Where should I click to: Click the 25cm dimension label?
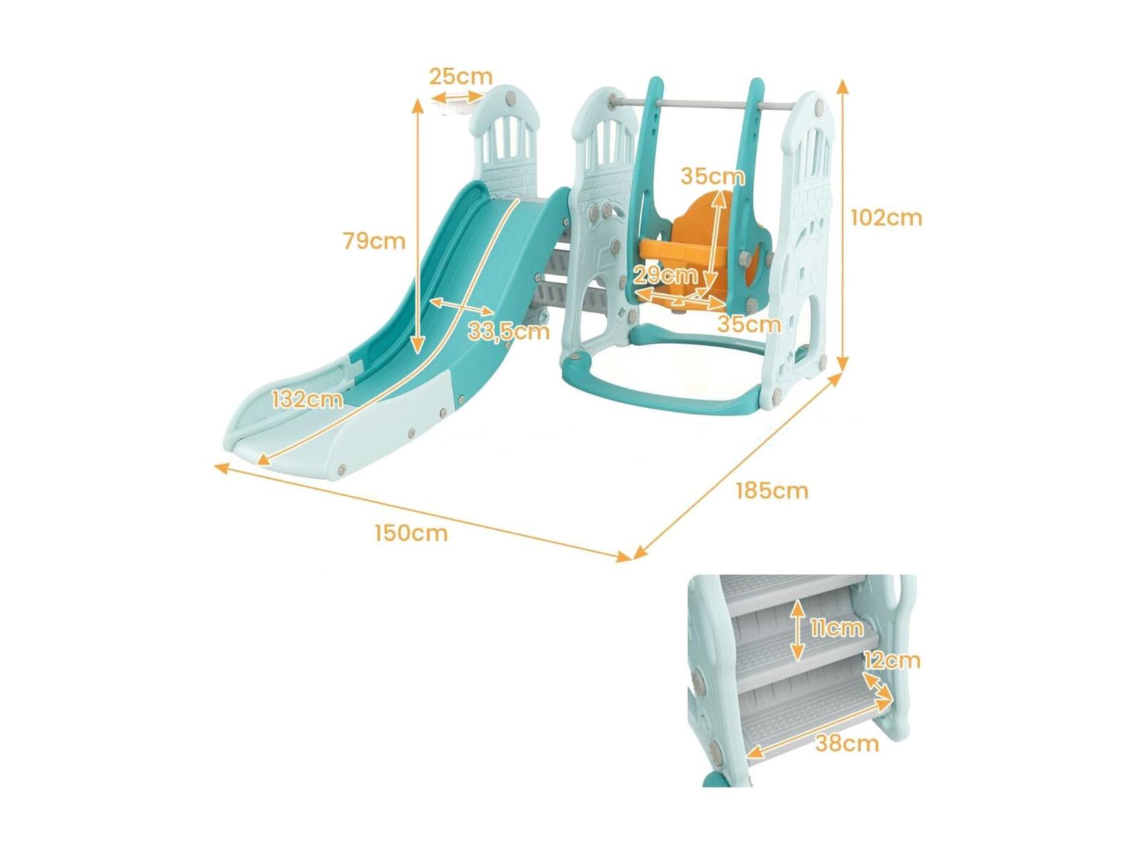(460, 76)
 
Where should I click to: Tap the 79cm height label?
(374, 241)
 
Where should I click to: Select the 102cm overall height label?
(886, 218)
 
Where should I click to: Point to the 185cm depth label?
(772, 490)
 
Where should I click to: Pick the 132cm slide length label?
(307, 400)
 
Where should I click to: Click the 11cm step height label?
(836, 629)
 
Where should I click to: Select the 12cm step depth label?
(891, 661)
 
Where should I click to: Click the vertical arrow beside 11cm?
(797, 629)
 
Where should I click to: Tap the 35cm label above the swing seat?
(713, 177)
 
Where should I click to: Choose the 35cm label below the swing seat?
(749, 325)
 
